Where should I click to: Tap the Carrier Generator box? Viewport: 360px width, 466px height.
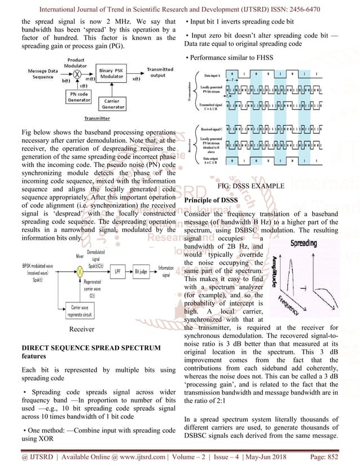click(x=114, y=104)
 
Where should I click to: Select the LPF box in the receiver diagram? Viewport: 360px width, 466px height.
click(x=117, y=271)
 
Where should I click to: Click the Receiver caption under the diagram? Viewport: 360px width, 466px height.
click(x=82, y=328)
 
